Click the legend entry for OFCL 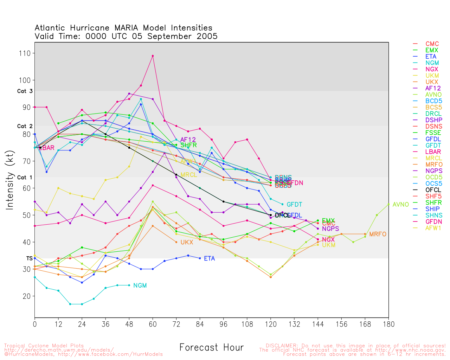(433, 190)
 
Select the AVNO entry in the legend (433, 95)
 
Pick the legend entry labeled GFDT (433, 145)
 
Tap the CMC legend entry (432, 44)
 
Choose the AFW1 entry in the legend (433, 228)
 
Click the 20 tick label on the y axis (27, 296)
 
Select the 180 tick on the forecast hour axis (388, 324)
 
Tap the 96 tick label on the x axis (223, 324)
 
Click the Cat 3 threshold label (25, 91)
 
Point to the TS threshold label (29, 258)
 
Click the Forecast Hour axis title (211, 347)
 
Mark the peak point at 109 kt (153, 56)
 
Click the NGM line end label (140, 285)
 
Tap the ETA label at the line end (209, 258)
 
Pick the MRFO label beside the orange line (378, 234)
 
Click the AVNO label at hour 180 (400, 204)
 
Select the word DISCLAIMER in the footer (281, 346)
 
